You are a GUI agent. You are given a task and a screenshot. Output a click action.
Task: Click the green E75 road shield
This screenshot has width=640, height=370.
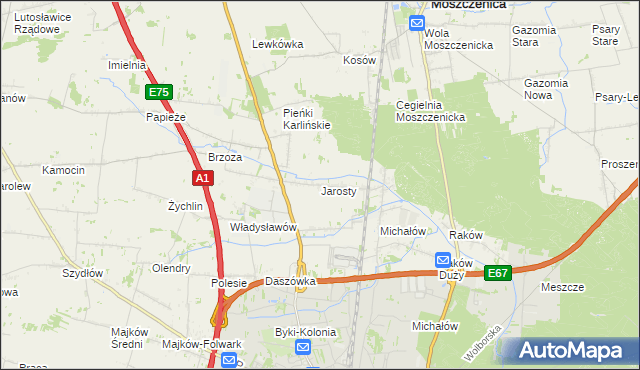tap(159, 92)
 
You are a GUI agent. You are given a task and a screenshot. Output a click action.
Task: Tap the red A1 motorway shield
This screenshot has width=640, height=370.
tap(203, 178)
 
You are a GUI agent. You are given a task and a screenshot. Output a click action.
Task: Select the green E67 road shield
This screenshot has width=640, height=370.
tap(498, 272)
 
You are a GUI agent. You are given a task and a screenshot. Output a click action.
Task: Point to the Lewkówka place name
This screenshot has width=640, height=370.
tap(277, 44)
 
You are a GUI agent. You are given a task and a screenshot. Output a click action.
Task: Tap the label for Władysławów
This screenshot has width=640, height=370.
tap(264, 227)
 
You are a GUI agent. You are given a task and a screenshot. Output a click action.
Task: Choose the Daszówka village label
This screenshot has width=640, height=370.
tap(290, 282)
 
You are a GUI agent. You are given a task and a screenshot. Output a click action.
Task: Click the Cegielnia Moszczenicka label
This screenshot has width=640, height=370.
tap(431, 111)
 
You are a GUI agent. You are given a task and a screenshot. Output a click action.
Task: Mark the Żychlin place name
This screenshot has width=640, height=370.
tap(186, 206)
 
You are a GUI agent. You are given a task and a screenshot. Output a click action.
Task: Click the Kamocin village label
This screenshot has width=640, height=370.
tap(63, 171)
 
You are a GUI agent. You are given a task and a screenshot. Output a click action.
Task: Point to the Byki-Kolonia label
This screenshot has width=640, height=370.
tap(305, 331)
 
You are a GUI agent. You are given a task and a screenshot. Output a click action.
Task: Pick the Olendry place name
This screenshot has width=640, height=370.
tap(170, 268)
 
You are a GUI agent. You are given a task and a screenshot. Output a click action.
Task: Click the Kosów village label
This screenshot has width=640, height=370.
tap(359, 60)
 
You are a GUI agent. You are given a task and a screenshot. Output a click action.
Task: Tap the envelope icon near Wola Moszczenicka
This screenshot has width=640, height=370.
tap(418, 24)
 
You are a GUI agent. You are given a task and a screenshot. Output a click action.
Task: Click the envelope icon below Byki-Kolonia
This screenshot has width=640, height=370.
tap(304, 348)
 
